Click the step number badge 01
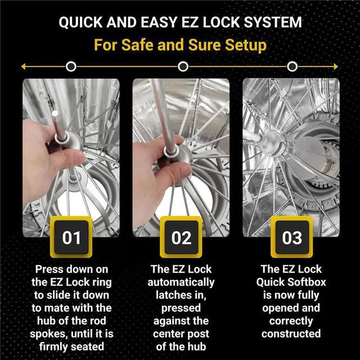[x=71, y=238]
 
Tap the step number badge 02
[x=181, y=238]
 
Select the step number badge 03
[x=291, y=238]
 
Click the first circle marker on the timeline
[x=71, y=67]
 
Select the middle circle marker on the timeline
[x=182, y=67]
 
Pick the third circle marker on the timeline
[x=292, y=67]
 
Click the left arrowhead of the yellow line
[x=24, y=67]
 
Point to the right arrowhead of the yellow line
[x=337, y=67]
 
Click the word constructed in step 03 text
[x=291, y=334]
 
